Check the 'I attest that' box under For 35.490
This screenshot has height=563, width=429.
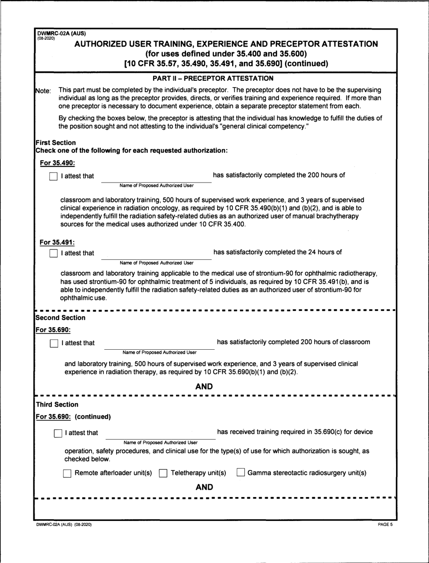pos(53,176)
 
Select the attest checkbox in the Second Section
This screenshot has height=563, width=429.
pos(54,343)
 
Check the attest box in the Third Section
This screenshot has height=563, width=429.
pos(58,433)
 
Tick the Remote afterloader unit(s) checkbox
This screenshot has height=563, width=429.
pos(67,474)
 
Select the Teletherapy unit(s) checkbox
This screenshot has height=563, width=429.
pos(163,474)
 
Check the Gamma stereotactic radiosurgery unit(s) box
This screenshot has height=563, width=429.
pos(241,474)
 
